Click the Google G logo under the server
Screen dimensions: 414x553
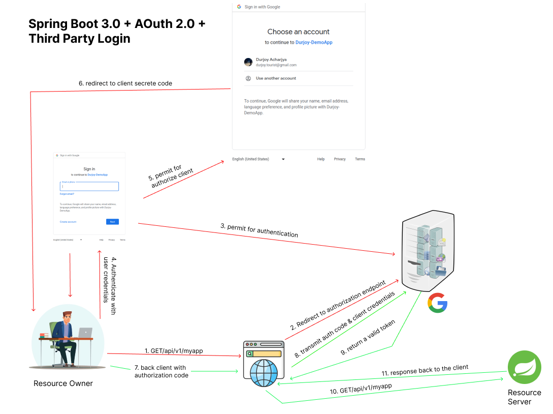pos(437,303)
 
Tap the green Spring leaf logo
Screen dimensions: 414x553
pos(525,367)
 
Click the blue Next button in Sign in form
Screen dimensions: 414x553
pos(112,222)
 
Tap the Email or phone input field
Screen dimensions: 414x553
pos(89,187)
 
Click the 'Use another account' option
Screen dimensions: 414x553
pos(276,78)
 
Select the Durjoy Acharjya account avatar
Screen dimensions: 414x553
pos(248,62)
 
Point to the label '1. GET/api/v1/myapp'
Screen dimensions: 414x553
pos(170,351)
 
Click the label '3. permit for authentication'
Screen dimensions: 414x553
pos(259,230)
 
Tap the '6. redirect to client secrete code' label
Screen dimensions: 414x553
pos(125,83)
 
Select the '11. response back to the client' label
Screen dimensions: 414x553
pos(425,370)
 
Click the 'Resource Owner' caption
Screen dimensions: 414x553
pos(63,383)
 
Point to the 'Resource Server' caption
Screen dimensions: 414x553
pos(524,397)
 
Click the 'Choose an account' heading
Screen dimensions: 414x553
pos(298,32)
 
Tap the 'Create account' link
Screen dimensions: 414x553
pos(68,222)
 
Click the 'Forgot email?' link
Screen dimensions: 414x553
pos(67,194)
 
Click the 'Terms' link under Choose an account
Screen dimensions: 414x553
pos(360,159)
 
